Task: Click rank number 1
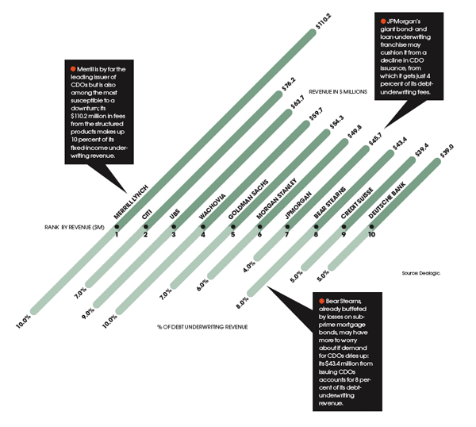[117, 234]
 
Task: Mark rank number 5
[232, 234]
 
